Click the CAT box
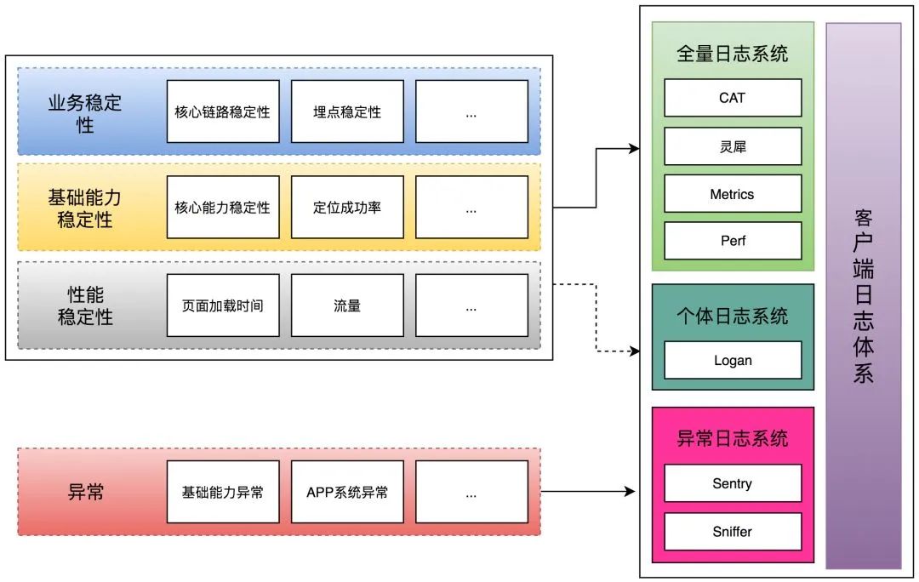tap(733, 98)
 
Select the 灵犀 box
tap(733, 146)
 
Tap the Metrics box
tap(733, 194)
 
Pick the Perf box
tap(733, 241)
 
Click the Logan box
tap(733, 360)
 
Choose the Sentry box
tap(733, 483)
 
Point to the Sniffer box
tap(733, 532)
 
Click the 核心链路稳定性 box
tap(223, 111)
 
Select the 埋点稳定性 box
tap(347, 111)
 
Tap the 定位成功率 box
tap(347, 208)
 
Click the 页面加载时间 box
tap(223, 305)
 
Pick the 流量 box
tap(347, 305)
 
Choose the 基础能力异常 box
tap(223, 492)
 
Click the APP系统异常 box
tap(347, 492)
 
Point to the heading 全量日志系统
tap(733, 54)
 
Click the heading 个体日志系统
tap(733, 317)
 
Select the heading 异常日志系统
tap(733, 439)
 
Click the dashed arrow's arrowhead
tap(634, 351)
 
